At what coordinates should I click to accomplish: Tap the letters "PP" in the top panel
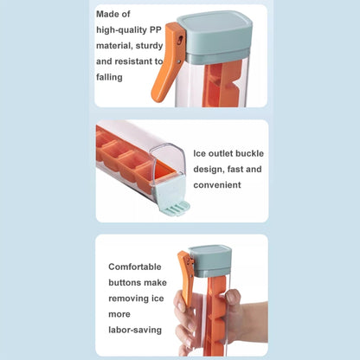click(156, 29)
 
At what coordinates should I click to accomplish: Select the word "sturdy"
click(150, 46)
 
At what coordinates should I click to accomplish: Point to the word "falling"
click(109, 77)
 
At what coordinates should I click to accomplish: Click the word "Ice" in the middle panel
click(200, 153)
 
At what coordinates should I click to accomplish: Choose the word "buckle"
click(249, 153)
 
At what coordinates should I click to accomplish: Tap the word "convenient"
click(217, 185)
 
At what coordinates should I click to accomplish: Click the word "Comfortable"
click(135, 267)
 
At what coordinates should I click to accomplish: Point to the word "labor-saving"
click(135, 330)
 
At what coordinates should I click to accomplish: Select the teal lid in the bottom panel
click(210, 260)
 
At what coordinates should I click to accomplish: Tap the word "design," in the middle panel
click(209, 170)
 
